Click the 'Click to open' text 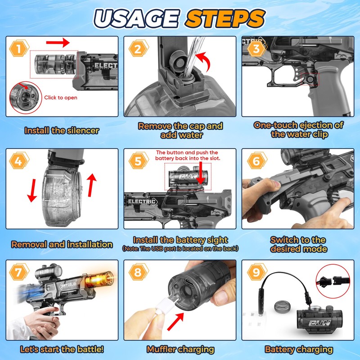(60, 98)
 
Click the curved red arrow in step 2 (208, 63)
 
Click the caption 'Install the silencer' (62, 131)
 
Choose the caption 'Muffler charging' (180, 349)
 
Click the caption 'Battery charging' (299, 349)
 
